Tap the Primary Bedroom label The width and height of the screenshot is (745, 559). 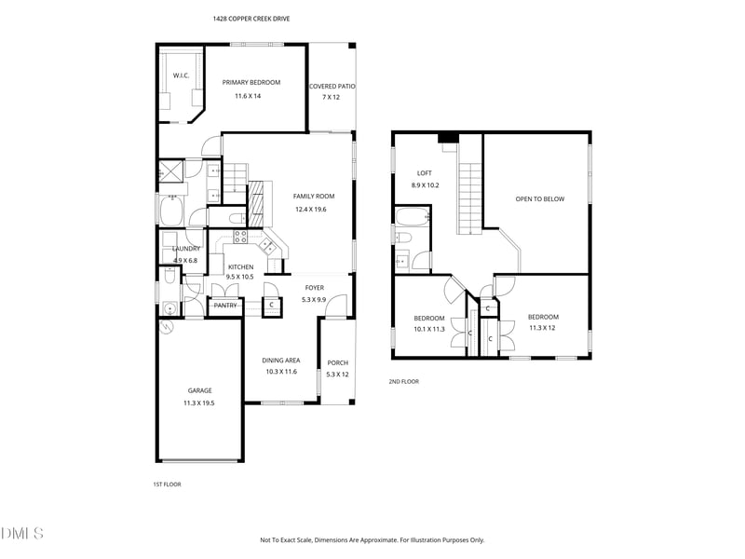click(251, 83)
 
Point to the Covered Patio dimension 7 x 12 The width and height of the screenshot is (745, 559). click(332, 97)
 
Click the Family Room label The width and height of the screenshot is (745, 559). click(314, 197)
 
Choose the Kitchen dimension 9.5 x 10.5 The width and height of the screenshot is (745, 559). click(241, 277)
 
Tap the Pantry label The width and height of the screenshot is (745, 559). click(225, 306)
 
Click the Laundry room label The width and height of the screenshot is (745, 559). click(185, 249)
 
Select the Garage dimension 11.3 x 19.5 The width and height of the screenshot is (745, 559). click(199, 402)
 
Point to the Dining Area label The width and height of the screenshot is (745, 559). click(279, 360)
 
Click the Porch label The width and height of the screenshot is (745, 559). click(337, 363)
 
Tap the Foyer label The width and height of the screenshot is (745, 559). click(315, 288)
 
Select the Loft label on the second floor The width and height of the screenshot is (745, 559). click(424, 173)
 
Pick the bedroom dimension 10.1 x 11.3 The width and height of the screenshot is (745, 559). click(429, 329)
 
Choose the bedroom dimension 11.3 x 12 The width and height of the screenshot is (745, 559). click(542, 328)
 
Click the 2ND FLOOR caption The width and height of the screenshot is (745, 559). click(404, 381)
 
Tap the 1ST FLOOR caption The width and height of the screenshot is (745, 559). click(169, 484)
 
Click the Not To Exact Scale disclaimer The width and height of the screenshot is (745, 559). click(372, 539)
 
